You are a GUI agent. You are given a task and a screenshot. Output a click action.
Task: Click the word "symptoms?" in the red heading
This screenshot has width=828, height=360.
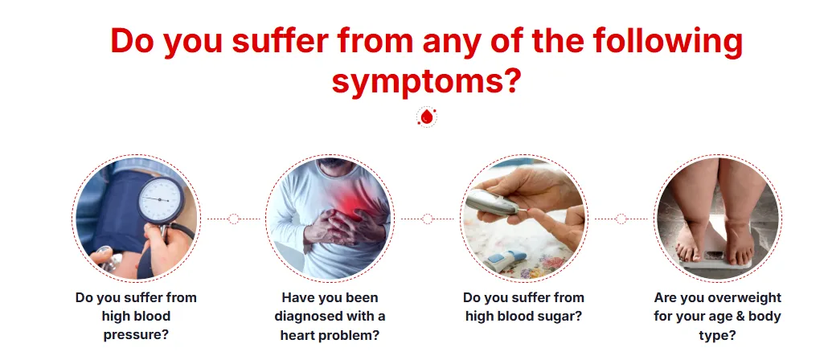pos(426,82)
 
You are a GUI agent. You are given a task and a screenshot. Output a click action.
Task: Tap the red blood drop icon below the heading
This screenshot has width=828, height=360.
pos(427,117)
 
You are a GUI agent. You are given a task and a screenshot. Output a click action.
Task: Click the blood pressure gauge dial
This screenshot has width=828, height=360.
pos(161,200)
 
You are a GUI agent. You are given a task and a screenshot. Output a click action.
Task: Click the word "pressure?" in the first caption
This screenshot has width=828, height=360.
pos(136,334)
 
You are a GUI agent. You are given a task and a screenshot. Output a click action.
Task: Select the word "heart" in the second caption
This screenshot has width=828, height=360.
pos(299,335)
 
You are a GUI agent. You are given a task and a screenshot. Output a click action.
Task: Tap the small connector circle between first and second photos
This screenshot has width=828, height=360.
pos(234,219)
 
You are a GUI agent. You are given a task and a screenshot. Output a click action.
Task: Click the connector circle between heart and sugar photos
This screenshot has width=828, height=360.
pos(427,219)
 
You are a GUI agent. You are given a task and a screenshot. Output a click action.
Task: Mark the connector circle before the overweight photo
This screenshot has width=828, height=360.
pos(621,219)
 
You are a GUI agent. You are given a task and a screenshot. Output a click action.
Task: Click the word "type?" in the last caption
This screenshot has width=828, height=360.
pos(717,335)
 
